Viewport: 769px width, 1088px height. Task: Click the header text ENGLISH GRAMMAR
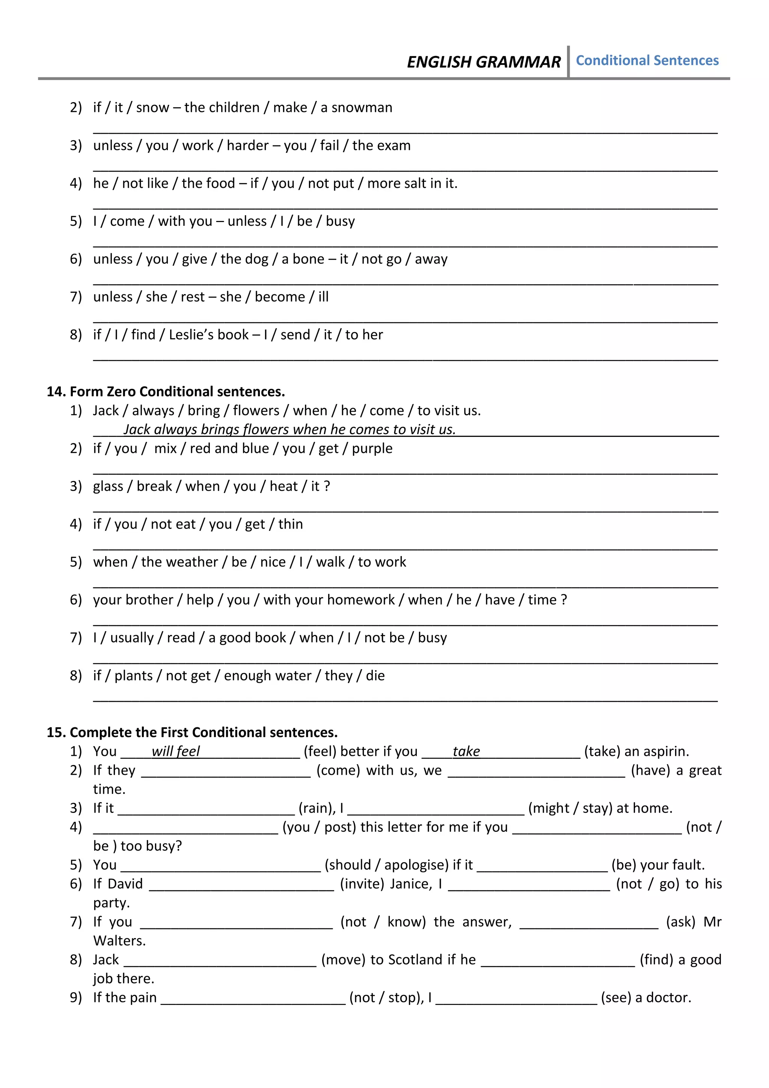pos(484,62)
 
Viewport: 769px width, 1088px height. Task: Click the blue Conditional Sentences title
pos(647,60)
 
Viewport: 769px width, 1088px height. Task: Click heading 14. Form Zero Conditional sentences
pos(166,391)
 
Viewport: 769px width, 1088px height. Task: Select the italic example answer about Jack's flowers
pos(289,429)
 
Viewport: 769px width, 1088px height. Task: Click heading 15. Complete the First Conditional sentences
pos(192,732)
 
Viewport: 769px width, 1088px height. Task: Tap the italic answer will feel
pos(176,751)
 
